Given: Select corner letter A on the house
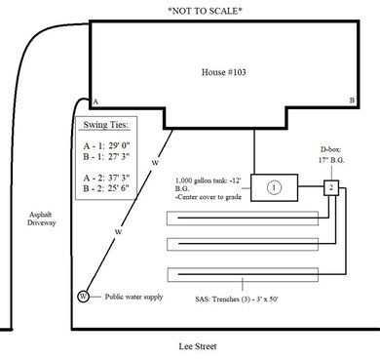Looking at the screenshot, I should (x=95, y=101).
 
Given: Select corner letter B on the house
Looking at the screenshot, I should (x=352, y=101).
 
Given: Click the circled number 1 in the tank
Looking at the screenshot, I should (x=275, y=186).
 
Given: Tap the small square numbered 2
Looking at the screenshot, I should (x=332, y=186).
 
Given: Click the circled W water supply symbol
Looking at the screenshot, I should (x=83, y=296).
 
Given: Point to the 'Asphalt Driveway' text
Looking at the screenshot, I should (x=42, y=217).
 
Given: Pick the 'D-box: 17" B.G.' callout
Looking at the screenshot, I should (x=332, y=157).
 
